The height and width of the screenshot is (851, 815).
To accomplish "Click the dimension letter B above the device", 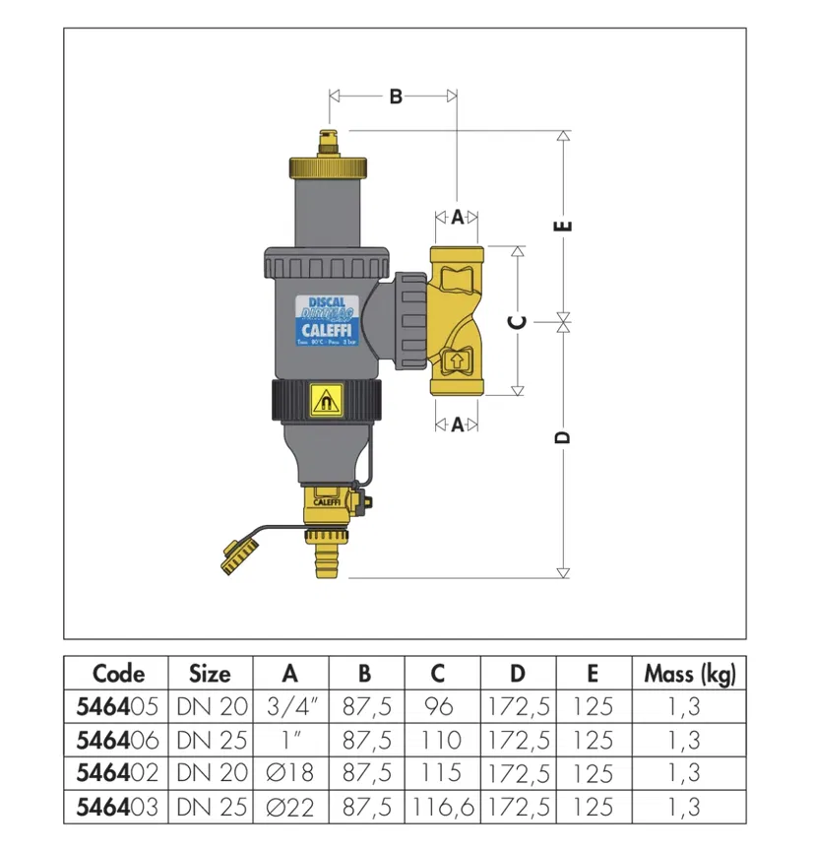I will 395,97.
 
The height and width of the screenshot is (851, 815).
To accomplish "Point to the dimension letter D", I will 564,437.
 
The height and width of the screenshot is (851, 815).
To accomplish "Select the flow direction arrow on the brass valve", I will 456,361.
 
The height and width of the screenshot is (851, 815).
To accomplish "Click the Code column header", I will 118,674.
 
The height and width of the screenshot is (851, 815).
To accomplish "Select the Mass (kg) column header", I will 690,674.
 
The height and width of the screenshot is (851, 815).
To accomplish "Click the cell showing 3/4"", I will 289,706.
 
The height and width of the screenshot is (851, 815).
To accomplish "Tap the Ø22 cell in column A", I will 289,807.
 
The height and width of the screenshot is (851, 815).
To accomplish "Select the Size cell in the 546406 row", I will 210,740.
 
